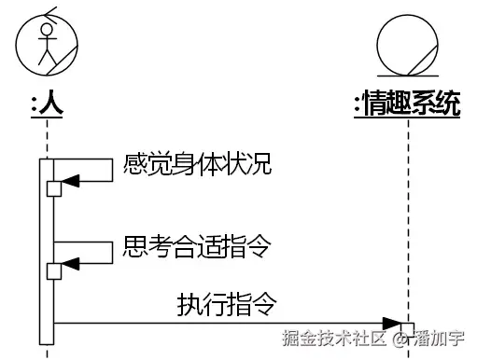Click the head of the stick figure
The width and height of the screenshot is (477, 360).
pyautogui.click(x=46, y=31)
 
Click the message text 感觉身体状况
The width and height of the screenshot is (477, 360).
pyautogui.click(x=197, y=165)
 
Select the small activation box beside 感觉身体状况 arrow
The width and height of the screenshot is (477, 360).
pyautogui.click(x=54, y=189)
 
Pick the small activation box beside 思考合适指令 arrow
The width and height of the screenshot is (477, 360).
pyautogui.click(x=54, y=270)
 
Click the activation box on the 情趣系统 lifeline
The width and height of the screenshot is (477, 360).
pyautogui.click(x=407, y=328)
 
